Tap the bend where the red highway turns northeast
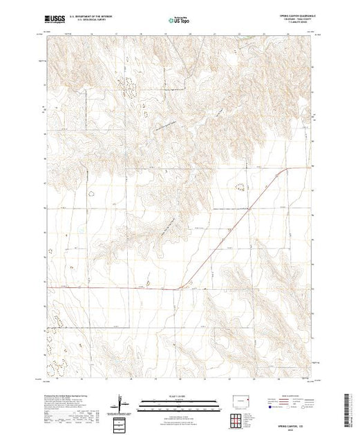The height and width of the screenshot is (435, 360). pyautogui.click(x=181, y=287)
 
